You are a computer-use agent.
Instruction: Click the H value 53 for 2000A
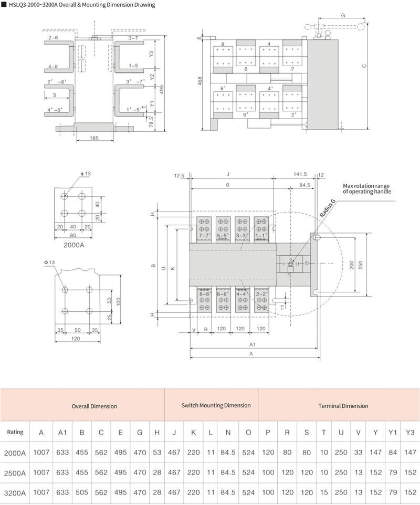pos(157,452)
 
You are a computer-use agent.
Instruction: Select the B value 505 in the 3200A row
pos(82,492)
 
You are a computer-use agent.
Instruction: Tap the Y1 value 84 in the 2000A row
pos(393,452)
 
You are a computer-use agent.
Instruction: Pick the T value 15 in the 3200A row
pos(324,492)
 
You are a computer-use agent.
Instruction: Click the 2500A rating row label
pos(15,473)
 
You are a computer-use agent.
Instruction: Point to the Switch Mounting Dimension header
pos(216,405)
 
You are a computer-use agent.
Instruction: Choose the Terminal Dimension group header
pos(343,406)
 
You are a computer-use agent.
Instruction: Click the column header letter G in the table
pos(140,432)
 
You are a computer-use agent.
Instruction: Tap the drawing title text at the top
pos(82,5)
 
